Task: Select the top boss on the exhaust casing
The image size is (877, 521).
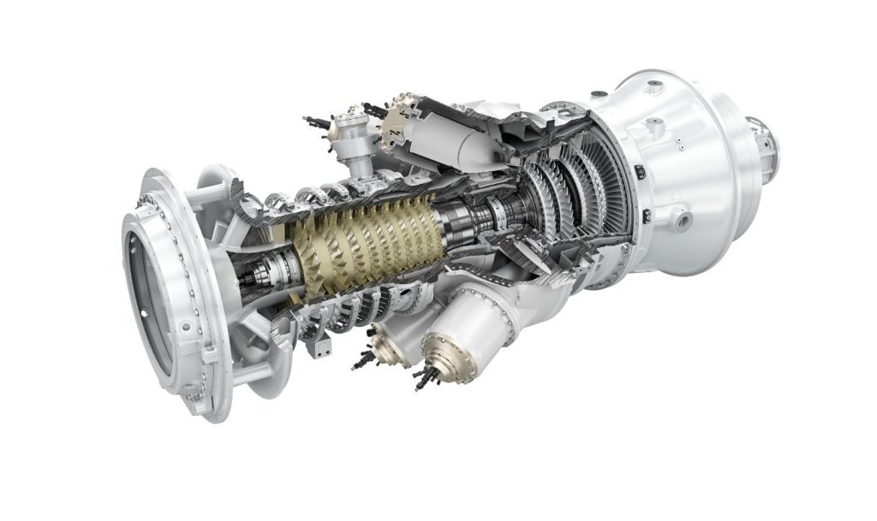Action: tap(655, 86)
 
